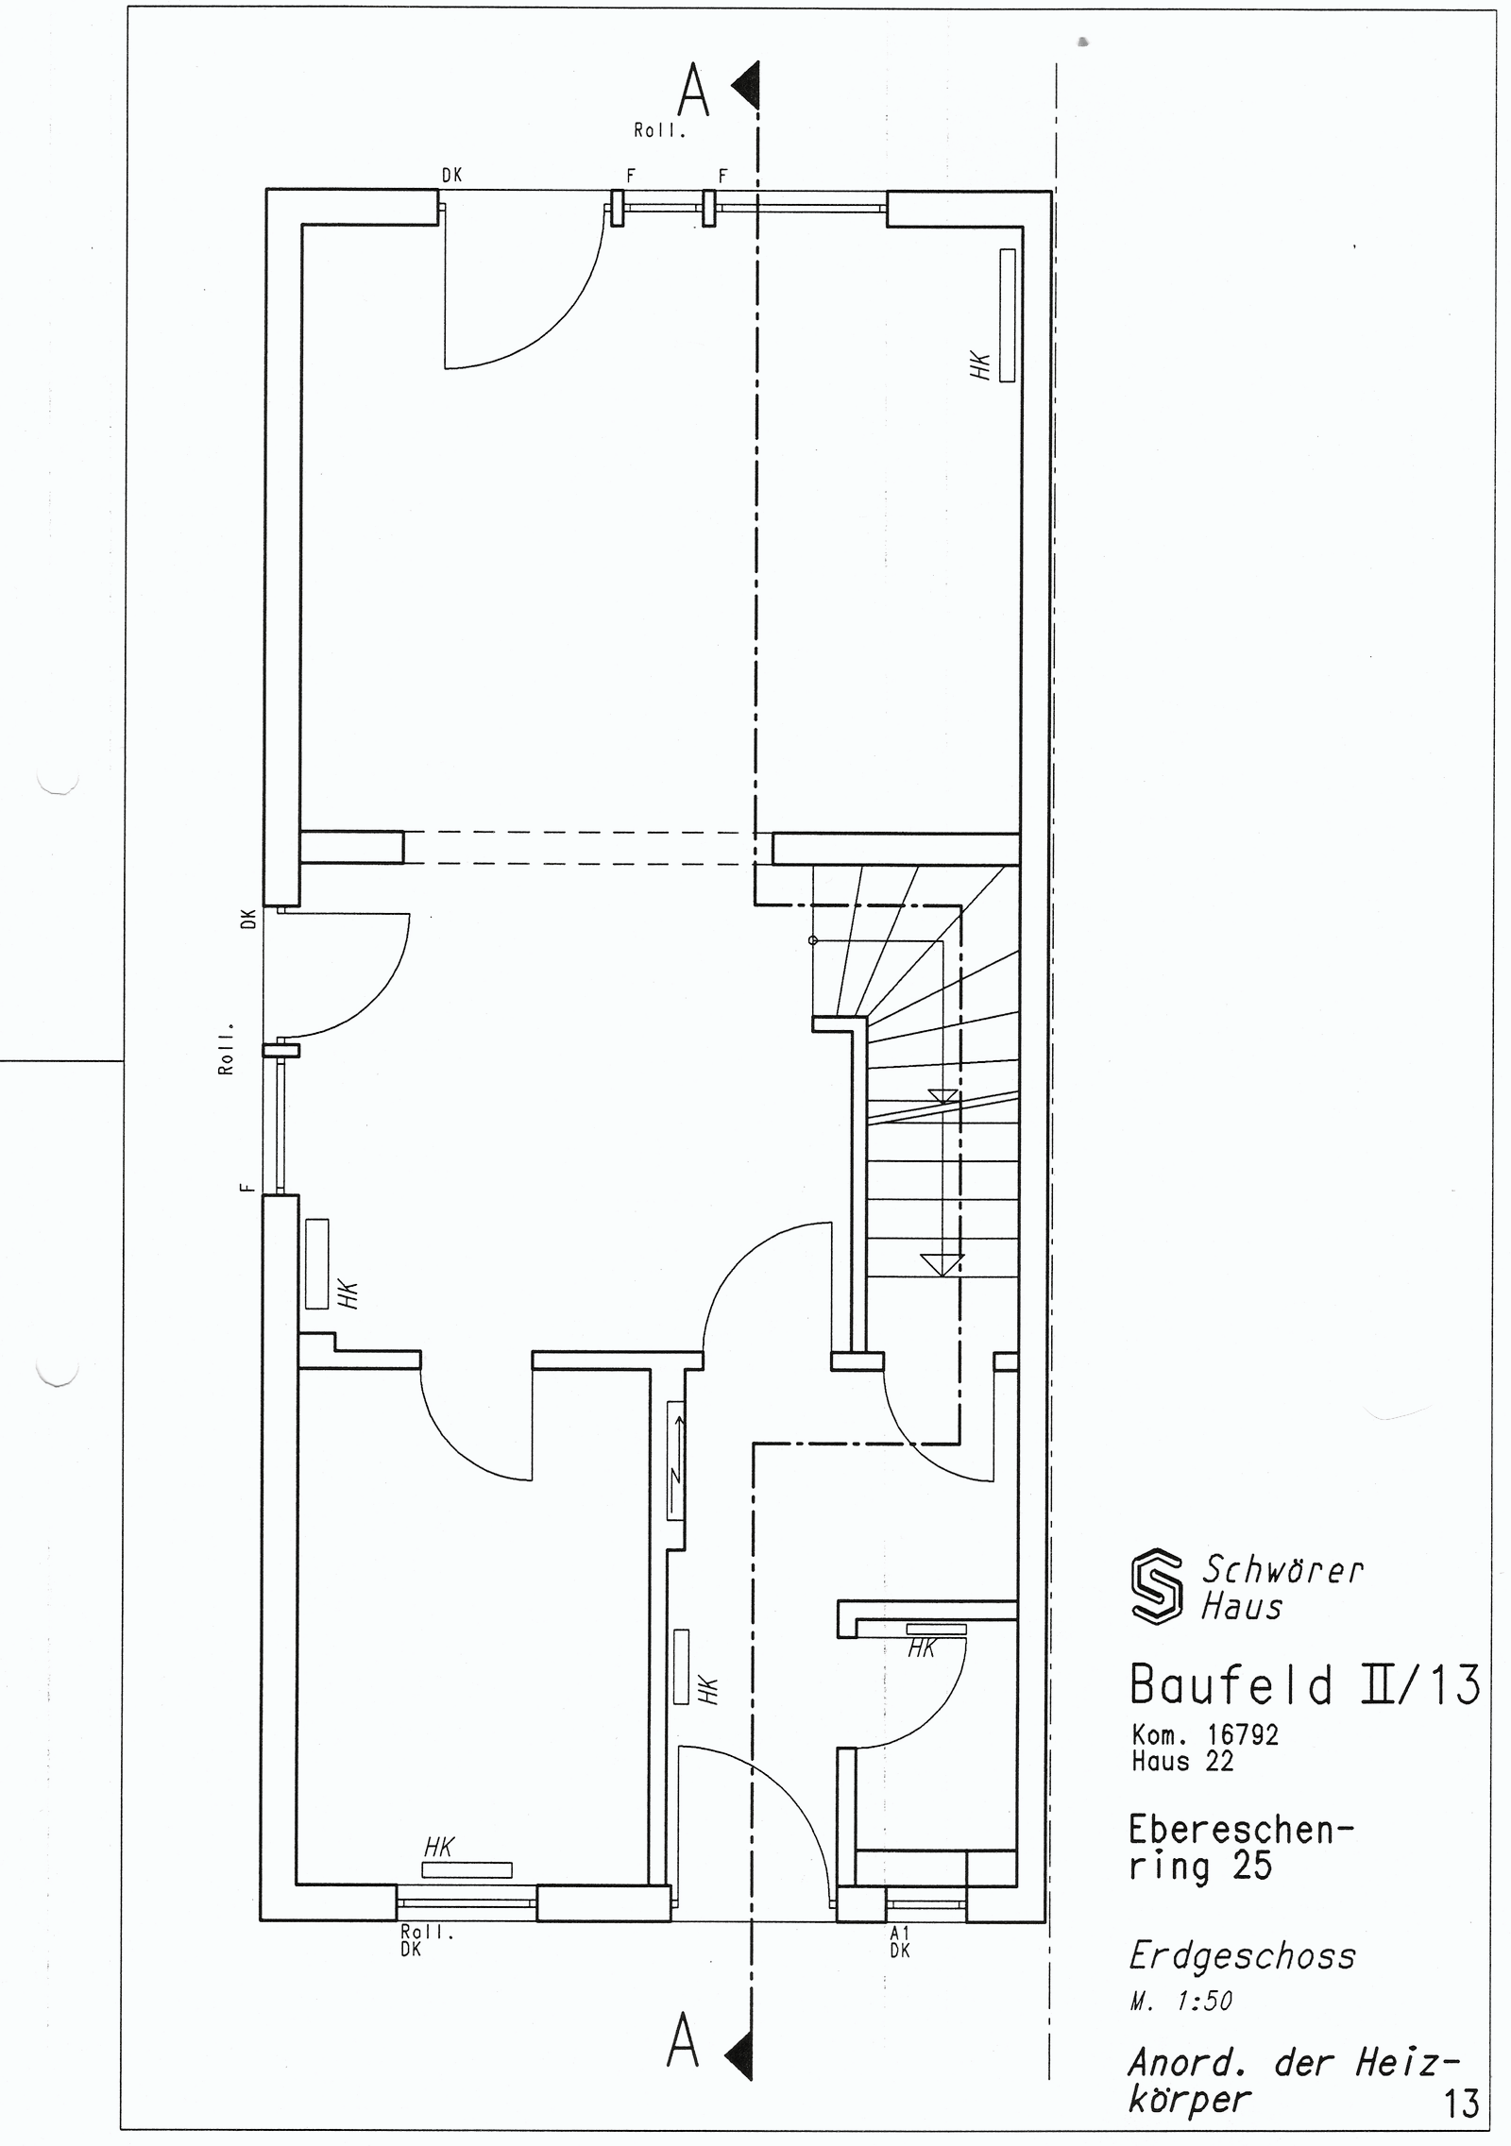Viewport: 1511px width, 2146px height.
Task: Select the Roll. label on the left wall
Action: coord(226,1048)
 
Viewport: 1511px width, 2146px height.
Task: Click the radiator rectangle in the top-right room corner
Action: coord(1007,315)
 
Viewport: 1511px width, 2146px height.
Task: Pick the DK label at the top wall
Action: coord(450,175)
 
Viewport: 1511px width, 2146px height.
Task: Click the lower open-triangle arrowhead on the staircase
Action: coord(942,1264)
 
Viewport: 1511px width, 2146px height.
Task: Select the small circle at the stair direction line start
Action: coord(812,940)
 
